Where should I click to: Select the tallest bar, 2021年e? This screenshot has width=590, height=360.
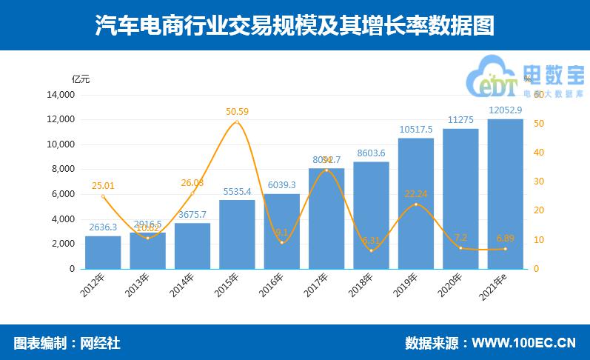tap(506, 193)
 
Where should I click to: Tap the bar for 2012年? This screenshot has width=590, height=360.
tap(103, 252)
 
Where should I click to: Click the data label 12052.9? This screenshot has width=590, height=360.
tap(506, 110)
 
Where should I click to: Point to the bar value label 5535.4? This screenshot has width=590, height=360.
tap(237, 192)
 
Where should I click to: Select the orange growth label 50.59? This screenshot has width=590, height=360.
tap(237, 112)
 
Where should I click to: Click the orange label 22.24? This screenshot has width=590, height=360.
tap(416, 193)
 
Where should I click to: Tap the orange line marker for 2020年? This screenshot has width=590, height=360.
tap(460, 247)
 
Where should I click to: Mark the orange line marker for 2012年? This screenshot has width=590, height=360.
tap(103, 196)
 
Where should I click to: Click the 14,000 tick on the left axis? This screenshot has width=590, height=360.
tap(61, 95)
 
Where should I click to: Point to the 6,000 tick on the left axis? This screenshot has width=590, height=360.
tap(64, 194)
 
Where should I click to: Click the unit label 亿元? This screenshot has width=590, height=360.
tap(81, 79)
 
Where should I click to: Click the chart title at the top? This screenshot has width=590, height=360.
tap(295, 26)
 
